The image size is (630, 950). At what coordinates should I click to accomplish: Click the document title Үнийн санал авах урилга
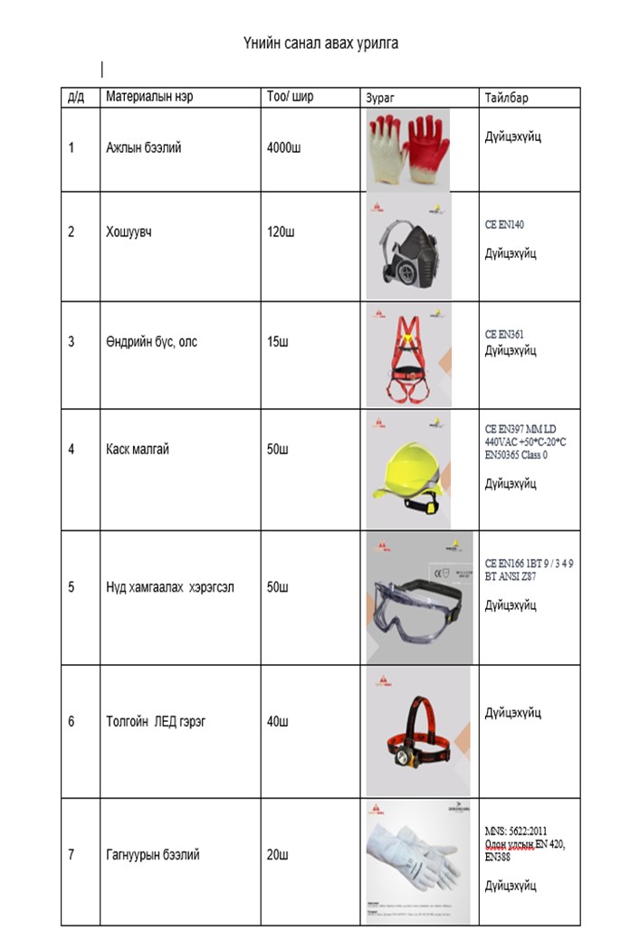pos(320,43)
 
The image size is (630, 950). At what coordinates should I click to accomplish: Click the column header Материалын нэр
pos(149,96)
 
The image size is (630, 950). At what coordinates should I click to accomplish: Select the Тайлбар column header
pos(506,98)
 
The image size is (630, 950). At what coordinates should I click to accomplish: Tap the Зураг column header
pos(380,98)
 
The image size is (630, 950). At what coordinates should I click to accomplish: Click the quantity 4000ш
pos(284,147)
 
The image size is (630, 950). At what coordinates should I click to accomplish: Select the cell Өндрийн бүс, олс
pos(151,342)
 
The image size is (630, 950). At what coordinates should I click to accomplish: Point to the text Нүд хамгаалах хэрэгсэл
pos(170,587)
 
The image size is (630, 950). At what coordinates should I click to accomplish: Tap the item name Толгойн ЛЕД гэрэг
pos(156,722)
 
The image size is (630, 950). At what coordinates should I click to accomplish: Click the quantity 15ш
pos(277,342)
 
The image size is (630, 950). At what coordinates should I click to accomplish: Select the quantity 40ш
pos(277,722)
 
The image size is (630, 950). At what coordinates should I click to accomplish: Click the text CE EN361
pos(504,334)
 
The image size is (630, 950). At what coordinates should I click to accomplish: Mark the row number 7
pos(72,855)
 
